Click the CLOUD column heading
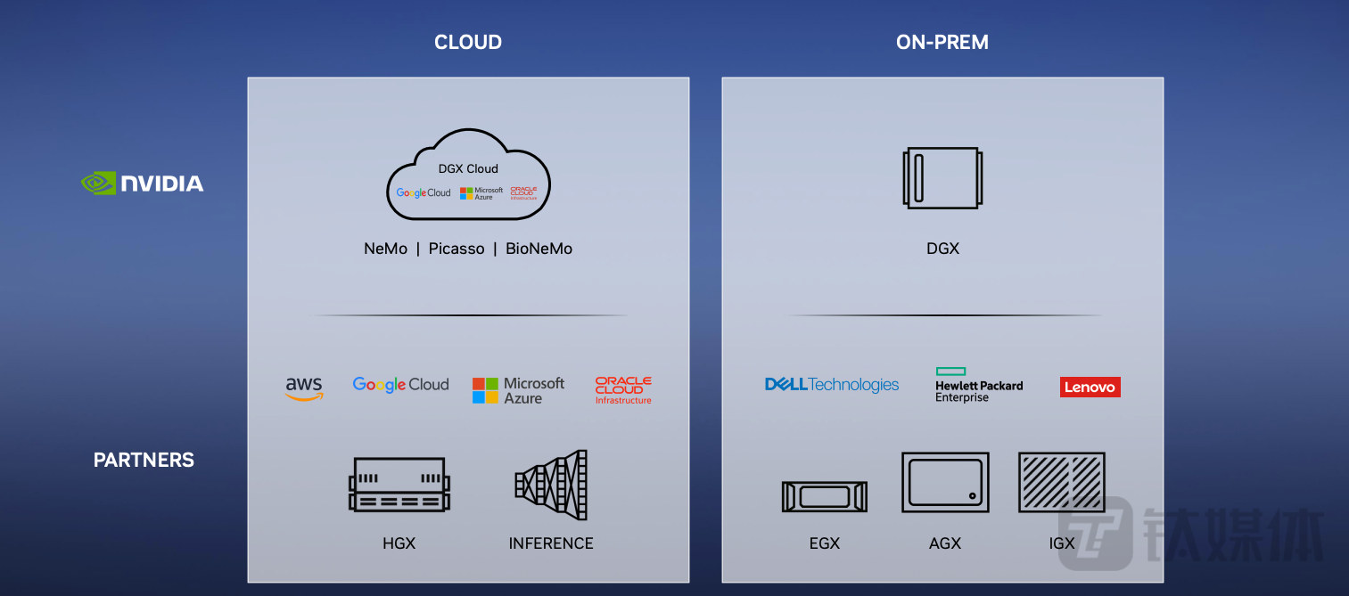click(x=467, y=42)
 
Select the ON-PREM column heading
click(x=942, y=42)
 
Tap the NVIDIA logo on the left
click(x=143, y=184)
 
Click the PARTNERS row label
click(x=144, y=460)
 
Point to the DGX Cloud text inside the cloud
click(x=468, y=168)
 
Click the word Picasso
click(x=457, y=249)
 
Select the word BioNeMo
click(x=539, y=249)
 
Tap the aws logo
click(x=304, y=388)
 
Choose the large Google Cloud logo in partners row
click(x=400, y=385)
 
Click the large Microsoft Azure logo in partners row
click(x=518, y=390)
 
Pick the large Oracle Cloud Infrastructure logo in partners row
click(x=623, y=390)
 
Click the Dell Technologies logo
click(x=831, y=385)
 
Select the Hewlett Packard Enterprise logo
click(x=978, y=386)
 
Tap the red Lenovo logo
click(x=1090, y=387)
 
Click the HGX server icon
click(x=399, y=485)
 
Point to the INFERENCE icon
click(x=551, y=485)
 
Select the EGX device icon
click(x=824, y=496)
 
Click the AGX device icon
click(x=945, y=482)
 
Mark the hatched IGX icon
click(x=1061, y=482)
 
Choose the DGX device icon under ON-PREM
click(x=942, y=178)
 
